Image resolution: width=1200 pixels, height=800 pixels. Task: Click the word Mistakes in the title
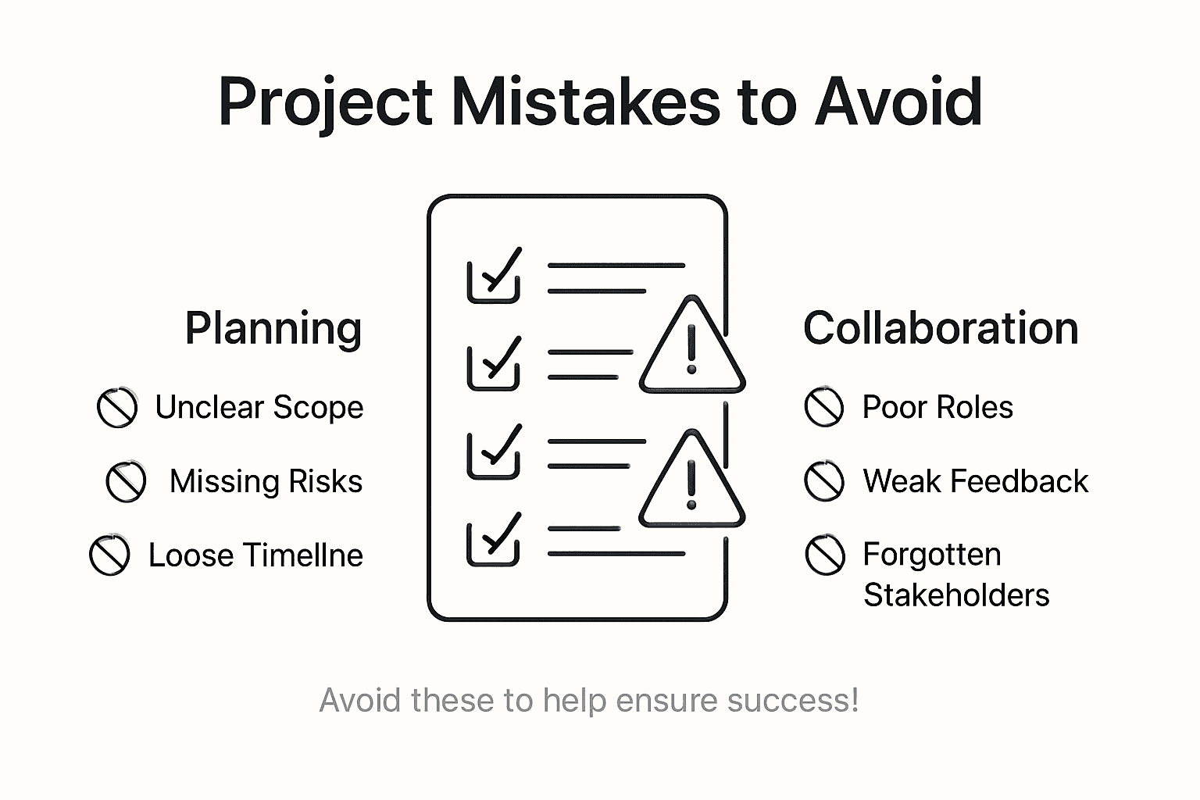pos(586,102)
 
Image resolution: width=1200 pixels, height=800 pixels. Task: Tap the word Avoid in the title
pos(898,102)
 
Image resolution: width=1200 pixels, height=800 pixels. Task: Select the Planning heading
pos(273,328)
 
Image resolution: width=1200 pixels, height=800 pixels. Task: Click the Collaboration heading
pos(941,328)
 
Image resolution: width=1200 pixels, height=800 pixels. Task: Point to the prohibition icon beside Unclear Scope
pos(117,408)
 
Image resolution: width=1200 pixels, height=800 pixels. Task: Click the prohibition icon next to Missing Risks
pos(126,481)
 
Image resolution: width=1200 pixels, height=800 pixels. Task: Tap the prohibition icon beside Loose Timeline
pos(109,555)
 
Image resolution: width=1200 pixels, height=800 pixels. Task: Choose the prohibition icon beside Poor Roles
pos(824,407)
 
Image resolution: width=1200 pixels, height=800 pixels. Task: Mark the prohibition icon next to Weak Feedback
pos(824,481)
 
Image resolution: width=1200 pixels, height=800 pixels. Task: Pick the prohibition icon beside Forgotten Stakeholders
pos(825,555)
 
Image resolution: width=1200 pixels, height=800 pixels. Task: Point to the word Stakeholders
pos(956,595)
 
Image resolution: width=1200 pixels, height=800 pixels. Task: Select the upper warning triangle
pos(691,348)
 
